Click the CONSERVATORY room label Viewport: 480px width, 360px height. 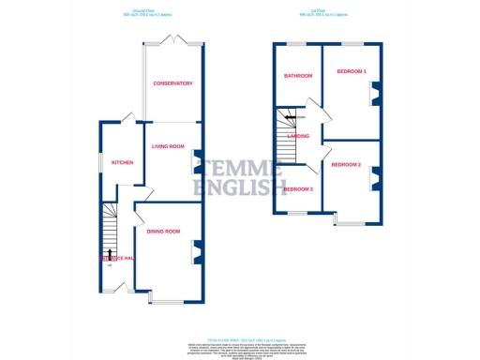(172, 83)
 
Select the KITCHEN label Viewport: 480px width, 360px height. (123, 162)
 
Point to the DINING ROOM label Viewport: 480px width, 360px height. (162, 232)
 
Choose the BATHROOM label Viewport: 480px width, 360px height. (299, 75)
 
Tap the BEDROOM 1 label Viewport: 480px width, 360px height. (352, 72)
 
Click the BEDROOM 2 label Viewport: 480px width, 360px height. (346, 165)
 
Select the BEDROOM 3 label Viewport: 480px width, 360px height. (298, 189)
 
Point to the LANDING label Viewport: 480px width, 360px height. (301, 137)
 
